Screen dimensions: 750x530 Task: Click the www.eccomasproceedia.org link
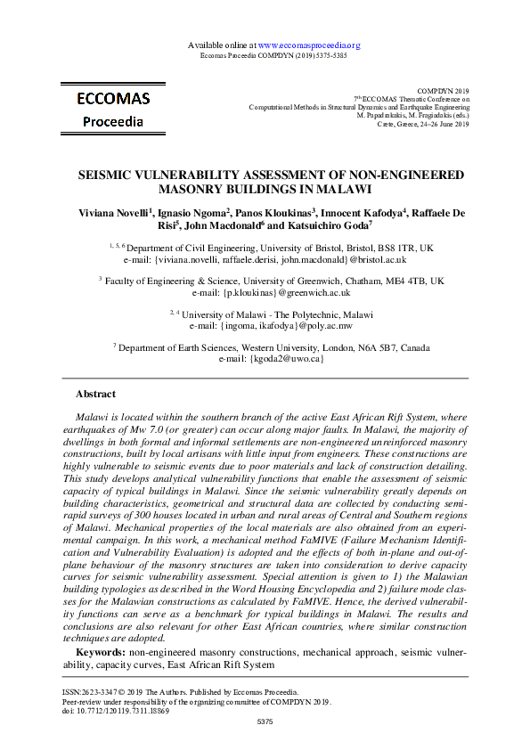(308, 45)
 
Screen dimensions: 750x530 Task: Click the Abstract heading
(95, 394)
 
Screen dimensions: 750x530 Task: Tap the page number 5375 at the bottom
(265, 721)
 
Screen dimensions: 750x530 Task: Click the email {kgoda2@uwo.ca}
(265, 359)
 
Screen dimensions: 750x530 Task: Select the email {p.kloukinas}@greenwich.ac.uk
(265, 292)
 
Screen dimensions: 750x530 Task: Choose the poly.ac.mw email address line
(265, 326)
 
